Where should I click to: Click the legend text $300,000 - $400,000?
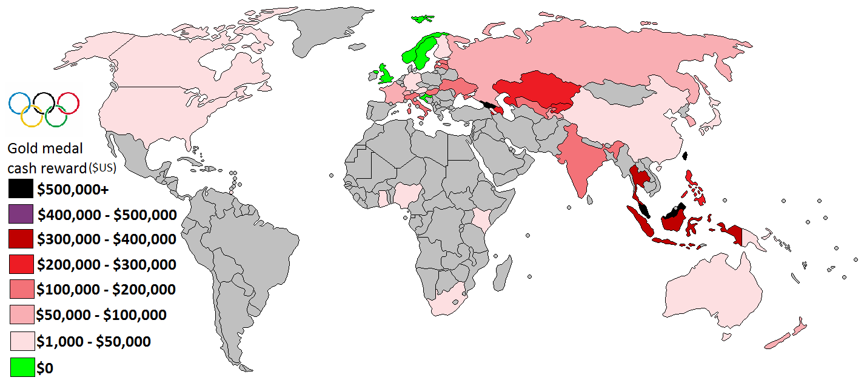(107, 239)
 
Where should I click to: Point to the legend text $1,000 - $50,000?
(94, 342)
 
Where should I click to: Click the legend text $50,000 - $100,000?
(102, 315)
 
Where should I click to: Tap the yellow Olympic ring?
(32, 115)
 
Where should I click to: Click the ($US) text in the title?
(102, 167)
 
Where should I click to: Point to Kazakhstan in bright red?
(537, 91)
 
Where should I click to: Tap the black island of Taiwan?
(685, 156)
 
